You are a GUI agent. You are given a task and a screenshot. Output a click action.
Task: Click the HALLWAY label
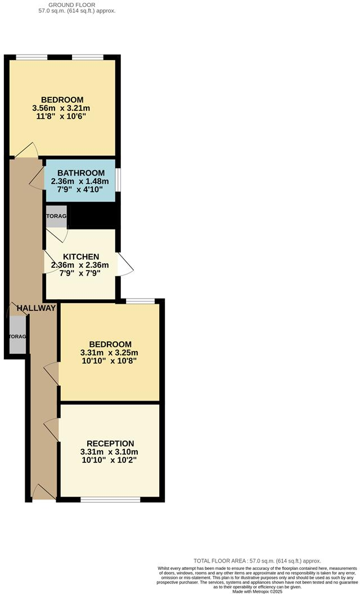click(x=37, y=308)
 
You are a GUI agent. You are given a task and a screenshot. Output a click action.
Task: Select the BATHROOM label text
click(x=81, y=173)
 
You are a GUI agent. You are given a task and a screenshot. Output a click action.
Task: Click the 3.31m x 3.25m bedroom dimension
click(x=110, y=353)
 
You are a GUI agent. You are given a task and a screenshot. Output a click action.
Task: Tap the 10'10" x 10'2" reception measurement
click(x=110, y=460)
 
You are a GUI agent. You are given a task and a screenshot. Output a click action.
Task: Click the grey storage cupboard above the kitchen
click(x=56, y=217)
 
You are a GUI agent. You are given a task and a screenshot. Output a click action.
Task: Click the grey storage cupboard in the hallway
click(x=17, y=336)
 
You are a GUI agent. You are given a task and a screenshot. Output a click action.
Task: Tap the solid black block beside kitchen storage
click(x=94, y=216)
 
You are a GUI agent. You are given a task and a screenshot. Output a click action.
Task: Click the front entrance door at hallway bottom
click(x=43, y=492)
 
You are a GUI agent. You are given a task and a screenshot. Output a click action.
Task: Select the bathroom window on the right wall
click(x=118, y=180)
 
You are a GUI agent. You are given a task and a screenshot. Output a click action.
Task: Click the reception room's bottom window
click(x=110, y=499)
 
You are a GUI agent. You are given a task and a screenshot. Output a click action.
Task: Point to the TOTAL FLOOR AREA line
click(x=257, y=561)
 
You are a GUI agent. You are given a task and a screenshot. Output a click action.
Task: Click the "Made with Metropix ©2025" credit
click(x=258, y=590)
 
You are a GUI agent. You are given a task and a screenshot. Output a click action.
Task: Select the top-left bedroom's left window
click(x=31, y=57)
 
